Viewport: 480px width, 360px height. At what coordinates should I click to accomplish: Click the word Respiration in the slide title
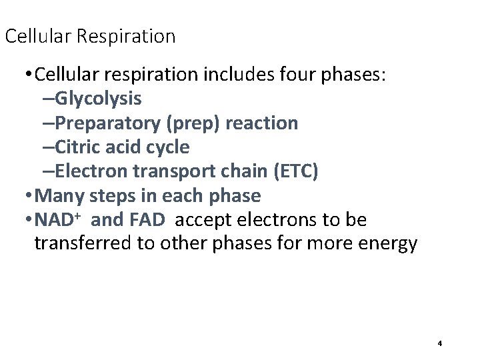127,36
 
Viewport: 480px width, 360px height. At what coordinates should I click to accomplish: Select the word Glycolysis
98,99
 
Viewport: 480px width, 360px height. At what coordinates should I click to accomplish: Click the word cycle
166,147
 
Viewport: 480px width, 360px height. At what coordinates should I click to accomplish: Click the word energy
387,245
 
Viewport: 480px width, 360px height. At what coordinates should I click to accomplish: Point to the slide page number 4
440,343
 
